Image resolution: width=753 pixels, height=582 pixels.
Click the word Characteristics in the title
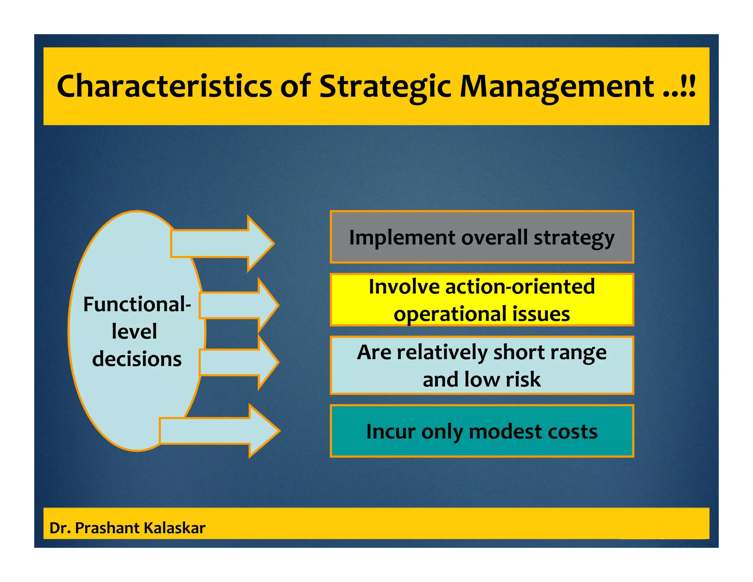pyautogui.click(x=164, y=86)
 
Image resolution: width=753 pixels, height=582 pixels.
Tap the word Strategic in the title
pyautogui.click(x=385, y=86)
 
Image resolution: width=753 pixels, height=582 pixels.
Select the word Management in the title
pyautogui.click(x=557, y=86)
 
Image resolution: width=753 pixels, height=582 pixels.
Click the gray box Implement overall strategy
pyautogui.click(x=482, y=237)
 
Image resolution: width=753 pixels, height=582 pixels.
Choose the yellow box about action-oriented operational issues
pyautogui.click(x=482, y=300)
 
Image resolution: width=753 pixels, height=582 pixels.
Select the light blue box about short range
pyautogui.click(x=482, y=365)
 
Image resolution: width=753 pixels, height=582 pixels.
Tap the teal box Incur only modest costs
pyautogui.click(x=482, y=431)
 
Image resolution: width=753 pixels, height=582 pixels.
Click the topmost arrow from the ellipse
pyautogui.click(x=222, y=244)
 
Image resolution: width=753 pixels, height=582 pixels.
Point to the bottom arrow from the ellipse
pyautogui.click(x=220, y=431)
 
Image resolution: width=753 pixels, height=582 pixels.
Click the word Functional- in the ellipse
pyautogui.click(x=137, y=305)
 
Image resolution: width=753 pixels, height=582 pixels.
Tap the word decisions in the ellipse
pyautogui.click(x=137, y=359)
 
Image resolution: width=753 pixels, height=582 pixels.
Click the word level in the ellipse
pyautogui.click(x=134, y=331)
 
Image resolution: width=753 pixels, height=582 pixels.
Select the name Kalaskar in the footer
pyautogui.click(x=174, y=528)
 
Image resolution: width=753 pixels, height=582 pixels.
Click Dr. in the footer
pyautogui.click(x=60, y=528)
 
